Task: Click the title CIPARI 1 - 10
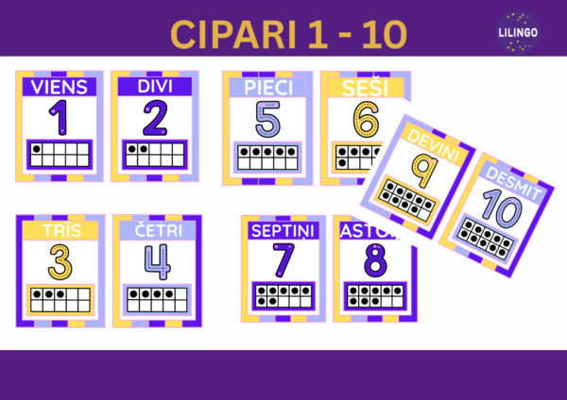coord(289,33)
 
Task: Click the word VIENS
coord(60,87)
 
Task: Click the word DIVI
coord(153,87)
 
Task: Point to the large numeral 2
coord(153,118)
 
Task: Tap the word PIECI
coord(268,87)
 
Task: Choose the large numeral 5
coord(267,119)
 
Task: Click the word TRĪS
coord(60,231)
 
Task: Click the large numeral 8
coord(375,260)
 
